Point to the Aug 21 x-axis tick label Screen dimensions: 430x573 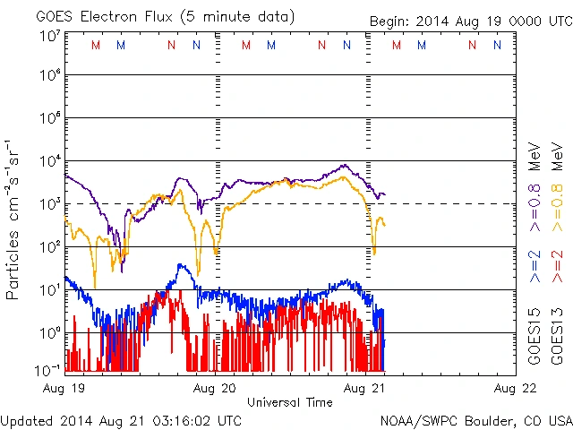pos(366,389)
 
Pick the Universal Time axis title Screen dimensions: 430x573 pos(290,402)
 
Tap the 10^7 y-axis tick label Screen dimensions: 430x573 pos(50,35)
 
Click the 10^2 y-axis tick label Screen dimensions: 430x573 pos(50,246)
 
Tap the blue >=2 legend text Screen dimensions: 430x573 pos(535,268)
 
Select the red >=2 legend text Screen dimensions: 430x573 pos(556,268)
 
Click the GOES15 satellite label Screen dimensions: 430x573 pos(535,340)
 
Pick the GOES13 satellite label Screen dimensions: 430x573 pos(556,340)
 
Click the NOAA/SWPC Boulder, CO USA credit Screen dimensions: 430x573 pos(475,419)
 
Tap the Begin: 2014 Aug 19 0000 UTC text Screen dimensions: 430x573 pos(469,21)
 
